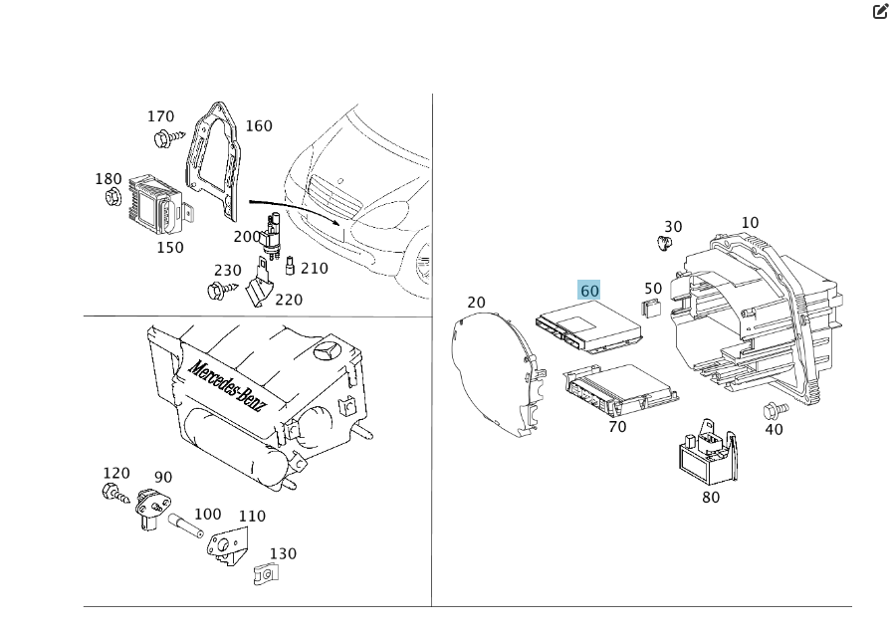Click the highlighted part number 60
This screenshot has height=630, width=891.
[589, 291]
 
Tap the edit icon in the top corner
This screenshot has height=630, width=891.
[880, 12]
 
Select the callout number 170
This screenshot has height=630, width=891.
[161, 116]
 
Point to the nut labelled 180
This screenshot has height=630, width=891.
[112, 197]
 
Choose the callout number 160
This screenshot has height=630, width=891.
[259, 126]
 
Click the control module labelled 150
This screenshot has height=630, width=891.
[156, 203]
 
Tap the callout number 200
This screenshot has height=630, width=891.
[247, 237]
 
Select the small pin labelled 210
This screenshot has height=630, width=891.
[290, 267]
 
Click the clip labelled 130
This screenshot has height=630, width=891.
[265, 573]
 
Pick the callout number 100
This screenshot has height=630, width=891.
[208, 515]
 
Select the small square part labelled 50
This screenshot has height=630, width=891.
[650, 307]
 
